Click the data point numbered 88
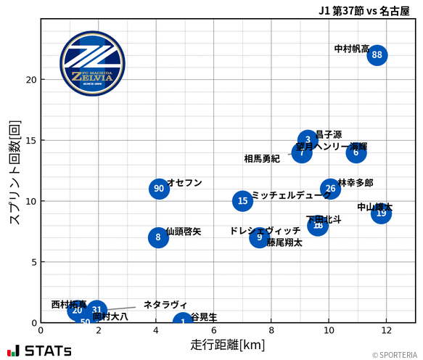[x=377, y=55]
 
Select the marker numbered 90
[x=159, y=189]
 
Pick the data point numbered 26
[x=330, y=189]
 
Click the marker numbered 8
[x=158, y=237]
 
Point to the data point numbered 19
[x=381, y=213]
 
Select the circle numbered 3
[x=308, y=140]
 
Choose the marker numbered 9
[x=260, y=237]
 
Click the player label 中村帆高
[x=351, y=49]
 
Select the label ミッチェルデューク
[x=291, y=195]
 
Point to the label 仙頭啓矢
[x=184, y=232]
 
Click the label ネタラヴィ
[x=165, y=304]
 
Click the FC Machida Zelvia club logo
[x=87, y=65]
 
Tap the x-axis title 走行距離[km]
[x=227, y=343]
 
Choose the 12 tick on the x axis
[x=387, y=330]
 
